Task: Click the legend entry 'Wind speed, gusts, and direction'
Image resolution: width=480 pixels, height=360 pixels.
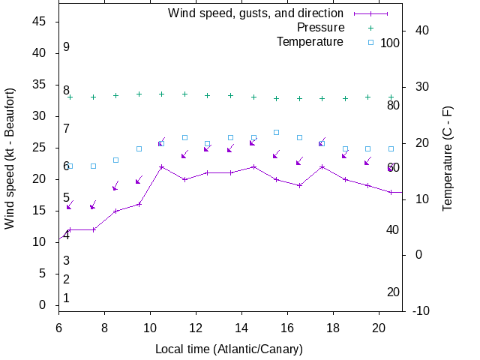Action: coord(255,13)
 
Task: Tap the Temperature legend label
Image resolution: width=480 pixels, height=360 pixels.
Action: coord(310,41)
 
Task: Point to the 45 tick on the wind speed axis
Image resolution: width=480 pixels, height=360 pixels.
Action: coord(40,22)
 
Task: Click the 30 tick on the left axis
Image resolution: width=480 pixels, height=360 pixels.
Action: coord(40,116)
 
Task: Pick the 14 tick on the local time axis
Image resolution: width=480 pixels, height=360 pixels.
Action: coord(241,328)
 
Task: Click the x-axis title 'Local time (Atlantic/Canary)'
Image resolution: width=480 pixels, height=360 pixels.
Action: coord(229,349)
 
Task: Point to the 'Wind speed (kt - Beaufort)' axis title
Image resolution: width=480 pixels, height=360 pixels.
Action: coord(10,160)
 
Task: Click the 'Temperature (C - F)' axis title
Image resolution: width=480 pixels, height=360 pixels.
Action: coord(447,157)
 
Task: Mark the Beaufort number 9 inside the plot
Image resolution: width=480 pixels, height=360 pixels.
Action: coord(66,47)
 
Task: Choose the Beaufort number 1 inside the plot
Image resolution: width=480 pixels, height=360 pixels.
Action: coord(66,298)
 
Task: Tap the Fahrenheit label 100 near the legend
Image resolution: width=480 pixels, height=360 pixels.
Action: coord(390,43)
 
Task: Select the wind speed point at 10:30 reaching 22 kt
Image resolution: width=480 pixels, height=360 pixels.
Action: coord(161,166)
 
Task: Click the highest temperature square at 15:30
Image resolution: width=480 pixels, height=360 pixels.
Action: coord(276,132)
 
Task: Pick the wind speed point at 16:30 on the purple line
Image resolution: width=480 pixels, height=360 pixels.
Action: coord(299,185)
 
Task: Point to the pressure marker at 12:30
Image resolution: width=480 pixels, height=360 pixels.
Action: coord(207,95)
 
